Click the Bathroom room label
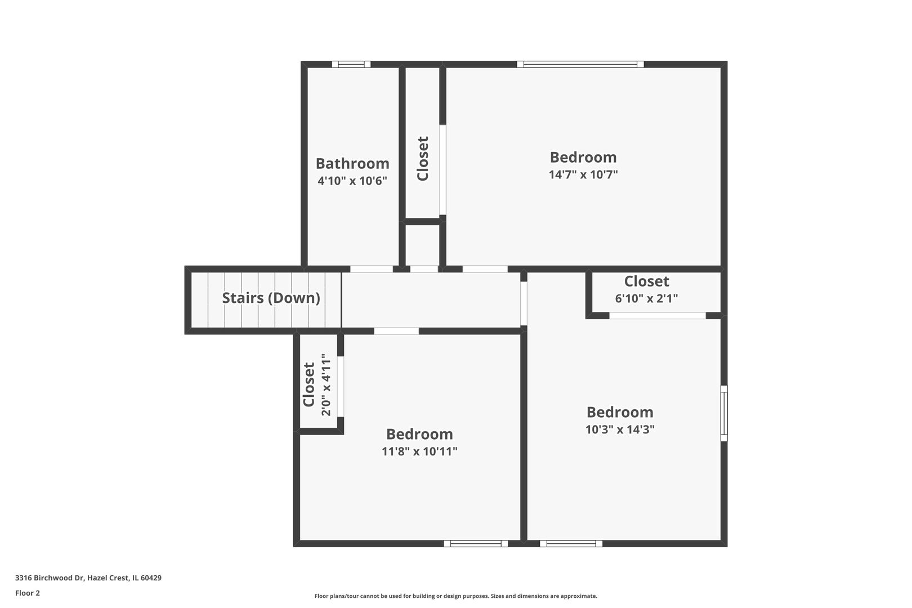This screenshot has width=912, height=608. click(352, 163)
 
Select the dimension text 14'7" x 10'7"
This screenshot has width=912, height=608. click(583, 175)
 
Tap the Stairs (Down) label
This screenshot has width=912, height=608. click(271, 298)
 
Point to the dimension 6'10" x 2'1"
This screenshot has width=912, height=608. click(646, 298)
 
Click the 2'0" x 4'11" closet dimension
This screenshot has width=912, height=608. click(327, 385)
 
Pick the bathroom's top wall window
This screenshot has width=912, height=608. click(351, 64)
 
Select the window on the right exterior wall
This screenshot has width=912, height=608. click(724, 413)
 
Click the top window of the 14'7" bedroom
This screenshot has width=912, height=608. click(580, 64)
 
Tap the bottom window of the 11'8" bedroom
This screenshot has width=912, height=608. click(476, 543)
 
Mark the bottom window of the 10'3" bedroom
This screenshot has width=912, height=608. click(571, 543)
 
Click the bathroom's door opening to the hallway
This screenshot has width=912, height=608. click(372, 269)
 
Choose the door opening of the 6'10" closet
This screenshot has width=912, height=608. click(657, 316)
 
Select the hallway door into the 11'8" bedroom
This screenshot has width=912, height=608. click(396, 331)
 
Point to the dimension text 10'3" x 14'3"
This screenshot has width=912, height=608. click(620, 429)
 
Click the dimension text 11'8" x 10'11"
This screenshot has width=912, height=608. click(419, 451)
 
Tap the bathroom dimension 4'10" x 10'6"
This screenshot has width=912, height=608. click(352, 180)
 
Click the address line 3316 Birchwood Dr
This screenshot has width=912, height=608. click(88, 578)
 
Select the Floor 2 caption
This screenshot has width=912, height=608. click(28, 593)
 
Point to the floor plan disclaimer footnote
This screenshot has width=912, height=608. click(455, 596)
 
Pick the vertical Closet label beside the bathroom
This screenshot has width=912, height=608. click(423, 158)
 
